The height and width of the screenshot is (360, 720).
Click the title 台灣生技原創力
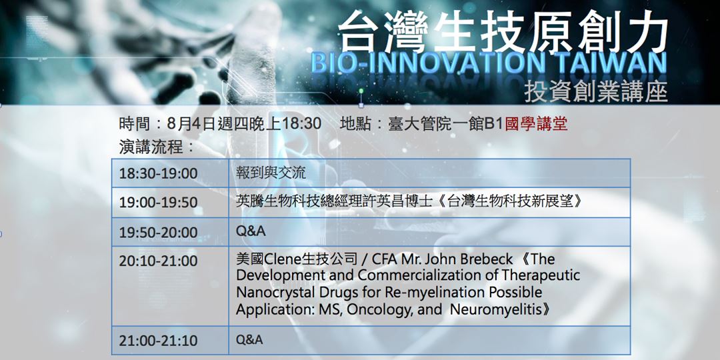tap(503, 33)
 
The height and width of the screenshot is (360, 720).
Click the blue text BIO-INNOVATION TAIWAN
tap(489, 63)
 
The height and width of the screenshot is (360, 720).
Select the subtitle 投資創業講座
tap(595, 92)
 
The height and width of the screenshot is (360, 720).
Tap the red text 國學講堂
tap(536, 125)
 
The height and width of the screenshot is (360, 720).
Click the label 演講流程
tap(157, 147)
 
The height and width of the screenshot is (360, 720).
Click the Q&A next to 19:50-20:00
tap(251, 231)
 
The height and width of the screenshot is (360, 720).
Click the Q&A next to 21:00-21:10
tap(249, 340)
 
